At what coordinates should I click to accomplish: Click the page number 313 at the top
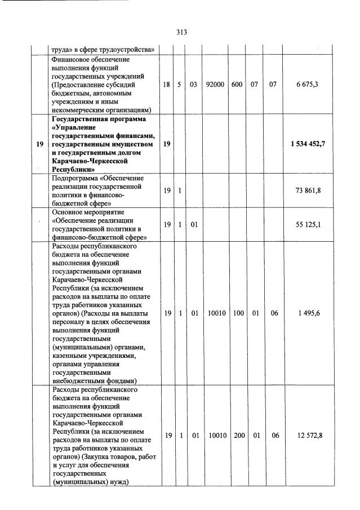coord(180,32)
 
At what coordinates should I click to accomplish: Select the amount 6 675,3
coord(308,84)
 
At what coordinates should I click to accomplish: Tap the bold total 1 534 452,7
coord(308,144)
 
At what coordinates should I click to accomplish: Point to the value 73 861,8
coord(308,192)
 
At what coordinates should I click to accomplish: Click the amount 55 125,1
coord(308,224)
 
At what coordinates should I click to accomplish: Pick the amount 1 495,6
coord(308,313)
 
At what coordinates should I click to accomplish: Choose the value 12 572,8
coord(308,435)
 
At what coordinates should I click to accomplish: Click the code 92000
coord(215,84)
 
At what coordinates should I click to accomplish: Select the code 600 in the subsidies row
coord(237,84)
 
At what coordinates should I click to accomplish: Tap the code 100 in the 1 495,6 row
coord(237,313)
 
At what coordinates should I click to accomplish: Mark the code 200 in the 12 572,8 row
coord(237,435)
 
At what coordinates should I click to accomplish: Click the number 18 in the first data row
coord(166,84)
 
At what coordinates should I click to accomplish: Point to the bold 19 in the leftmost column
coord(39,144)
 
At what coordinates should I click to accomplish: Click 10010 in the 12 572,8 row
coord(215,435)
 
